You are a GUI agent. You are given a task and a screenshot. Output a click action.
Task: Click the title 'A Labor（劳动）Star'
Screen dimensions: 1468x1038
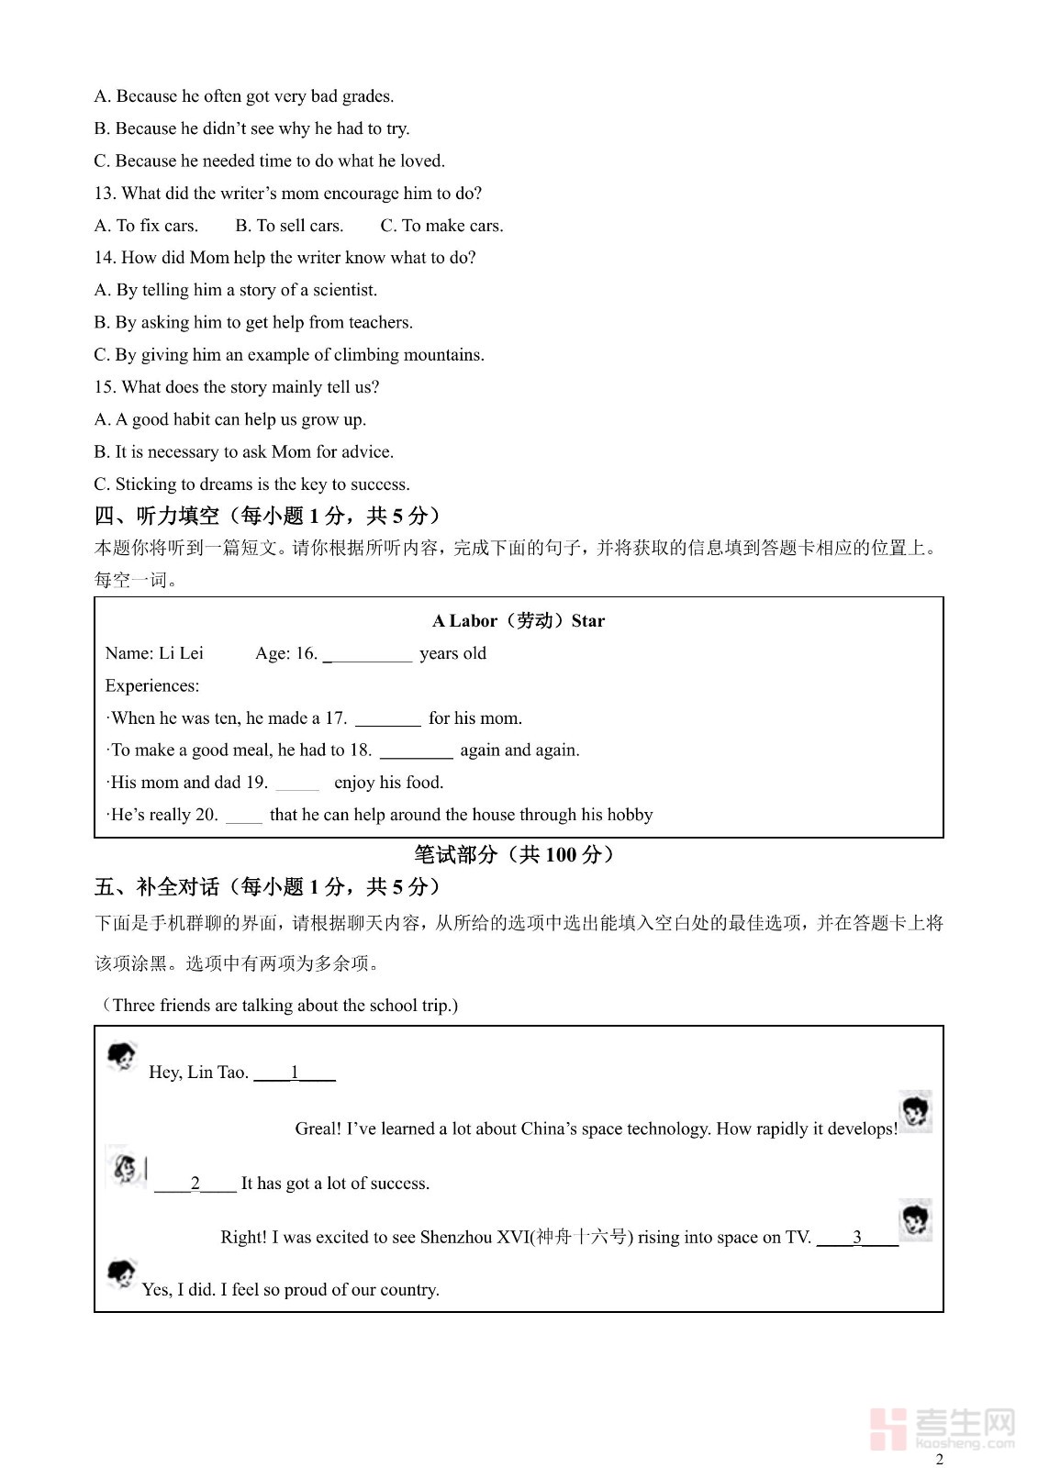519,621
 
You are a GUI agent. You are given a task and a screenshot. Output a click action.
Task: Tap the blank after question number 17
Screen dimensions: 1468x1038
387,719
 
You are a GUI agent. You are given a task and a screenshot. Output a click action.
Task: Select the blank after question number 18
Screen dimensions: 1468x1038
416,751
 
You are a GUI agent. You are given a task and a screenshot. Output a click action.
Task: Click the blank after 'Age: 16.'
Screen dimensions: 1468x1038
368,654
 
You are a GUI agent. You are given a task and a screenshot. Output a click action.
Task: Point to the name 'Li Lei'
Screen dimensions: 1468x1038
181,653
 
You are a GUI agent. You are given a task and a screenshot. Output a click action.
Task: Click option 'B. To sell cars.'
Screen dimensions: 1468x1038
289,226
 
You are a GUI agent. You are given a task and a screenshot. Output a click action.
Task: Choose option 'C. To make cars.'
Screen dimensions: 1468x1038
441,226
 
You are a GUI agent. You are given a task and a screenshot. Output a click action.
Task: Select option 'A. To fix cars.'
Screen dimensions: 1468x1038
146,226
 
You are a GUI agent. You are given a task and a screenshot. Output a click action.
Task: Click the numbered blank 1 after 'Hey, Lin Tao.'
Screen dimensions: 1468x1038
295,1073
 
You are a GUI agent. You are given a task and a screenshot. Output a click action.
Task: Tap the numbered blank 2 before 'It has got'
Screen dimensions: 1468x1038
195,1184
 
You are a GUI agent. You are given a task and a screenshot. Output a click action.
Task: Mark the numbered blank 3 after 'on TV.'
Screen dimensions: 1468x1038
857,1237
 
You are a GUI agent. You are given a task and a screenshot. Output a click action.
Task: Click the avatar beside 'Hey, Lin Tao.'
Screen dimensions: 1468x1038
121,1057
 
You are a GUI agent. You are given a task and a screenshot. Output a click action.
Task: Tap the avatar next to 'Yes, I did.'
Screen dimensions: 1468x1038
120,1274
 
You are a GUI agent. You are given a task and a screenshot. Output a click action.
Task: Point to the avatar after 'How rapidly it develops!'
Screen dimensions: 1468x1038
915,1112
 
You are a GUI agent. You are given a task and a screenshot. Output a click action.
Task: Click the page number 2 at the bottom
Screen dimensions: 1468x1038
939,1459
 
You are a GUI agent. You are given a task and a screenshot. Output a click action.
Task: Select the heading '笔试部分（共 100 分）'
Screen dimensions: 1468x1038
514,855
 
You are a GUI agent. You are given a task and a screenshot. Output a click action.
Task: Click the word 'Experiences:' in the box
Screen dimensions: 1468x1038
151,686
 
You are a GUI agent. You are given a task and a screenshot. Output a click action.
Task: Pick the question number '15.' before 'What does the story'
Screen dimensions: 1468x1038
105,387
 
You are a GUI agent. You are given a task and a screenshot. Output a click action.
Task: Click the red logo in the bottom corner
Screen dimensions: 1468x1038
888,1429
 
